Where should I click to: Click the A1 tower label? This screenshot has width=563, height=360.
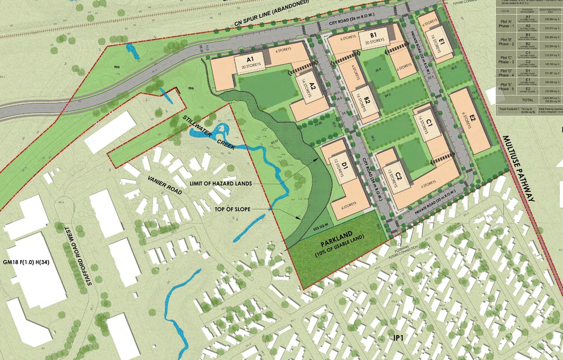point(251,59)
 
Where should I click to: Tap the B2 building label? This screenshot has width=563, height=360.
point(367,103)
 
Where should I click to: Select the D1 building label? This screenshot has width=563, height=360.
point(345,166)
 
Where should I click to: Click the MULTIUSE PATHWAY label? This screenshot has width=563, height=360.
point(519,169)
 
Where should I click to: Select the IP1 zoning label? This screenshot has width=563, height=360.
point(400,338)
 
